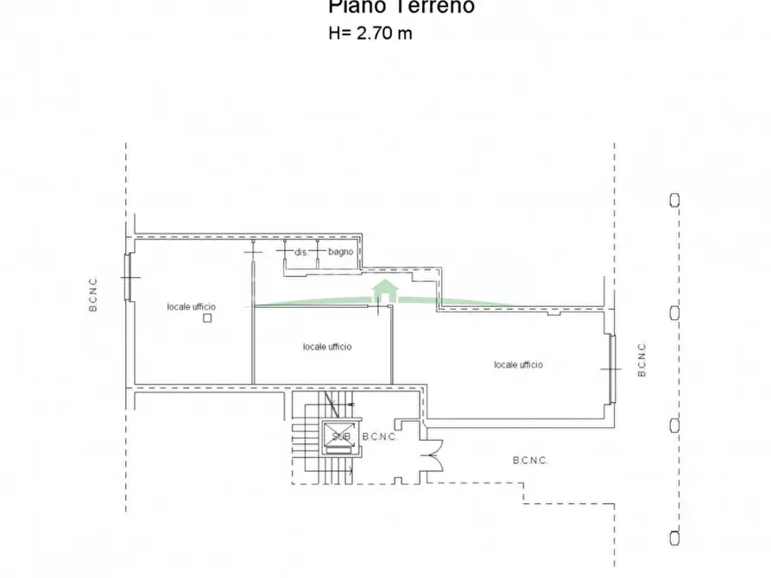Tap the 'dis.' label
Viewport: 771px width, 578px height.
[301, 253]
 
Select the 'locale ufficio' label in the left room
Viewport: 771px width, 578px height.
[192, 306]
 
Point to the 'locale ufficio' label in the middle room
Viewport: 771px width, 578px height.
[327, 347]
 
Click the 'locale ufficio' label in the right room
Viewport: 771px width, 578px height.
[519, 365]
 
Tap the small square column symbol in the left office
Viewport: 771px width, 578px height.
[206, 318]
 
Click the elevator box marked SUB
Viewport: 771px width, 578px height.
[340, 435]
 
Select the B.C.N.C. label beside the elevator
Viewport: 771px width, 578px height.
[379, 437]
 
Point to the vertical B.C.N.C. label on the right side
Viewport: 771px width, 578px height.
[641, 359]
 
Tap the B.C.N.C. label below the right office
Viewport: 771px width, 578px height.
[530, 461]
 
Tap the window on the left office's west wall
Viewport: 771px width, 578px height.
[129, 277]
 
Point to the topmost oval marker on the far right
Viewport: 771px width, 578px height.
[674, 199]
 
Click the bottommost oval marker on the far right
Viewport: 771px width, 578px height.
[674, 536]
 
